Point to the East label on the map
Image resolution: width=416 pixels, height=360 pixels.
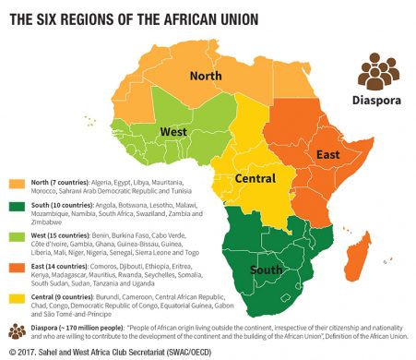327,156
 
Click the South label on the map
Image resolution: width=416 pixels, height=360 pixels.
267,272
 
